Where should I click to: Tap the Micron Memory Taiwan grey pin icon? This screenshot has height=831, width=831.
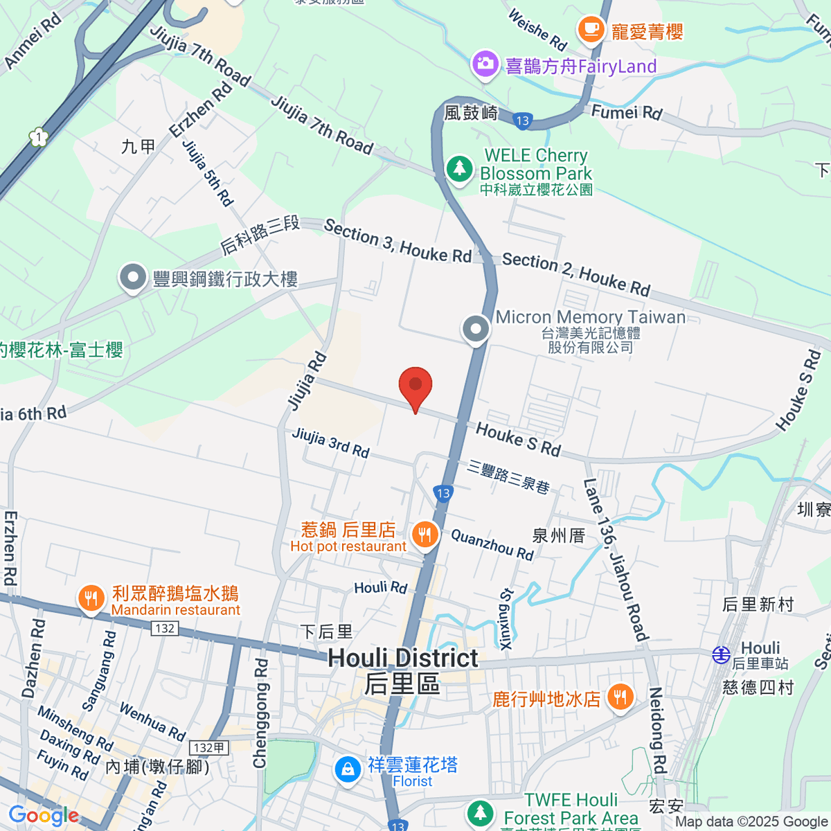pos(476,330)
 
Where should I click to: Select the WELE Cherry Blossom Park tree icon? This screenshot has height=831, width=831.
pos(459,168)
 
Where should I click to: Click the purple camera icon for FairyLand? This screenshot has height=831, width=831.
pos(485,65)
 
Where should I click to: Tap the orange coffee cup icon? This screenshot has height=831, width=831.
pos(591,29)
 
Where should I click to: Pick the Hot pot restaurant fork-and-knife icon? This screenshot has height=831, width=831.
pos(425,535)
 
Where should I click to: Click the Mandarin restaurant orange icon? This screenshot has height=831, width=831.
pos(91,598)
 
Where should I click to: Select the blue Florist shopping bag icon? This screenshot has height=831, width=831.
pos(347,769)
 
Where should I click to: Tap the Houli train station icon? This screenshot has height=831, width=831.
pos(722,654)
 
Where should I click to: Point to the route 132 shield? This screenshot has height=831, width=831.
pos(165,628)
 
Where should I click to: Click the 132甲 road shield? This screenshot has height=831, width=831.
pos(208,748)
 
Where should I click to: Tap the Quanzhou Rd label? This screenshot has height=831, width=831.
pos(492,544)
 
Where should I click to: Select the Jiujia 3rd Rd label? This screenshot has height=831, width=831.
pos(330,443)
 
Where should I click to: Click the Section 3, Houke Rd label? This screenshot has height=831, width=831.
pos(397,241)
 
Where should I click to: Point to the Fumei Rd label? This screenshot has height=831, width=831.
pos(627,111)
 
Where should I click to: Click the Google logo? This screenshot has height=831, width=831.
pos(43,816)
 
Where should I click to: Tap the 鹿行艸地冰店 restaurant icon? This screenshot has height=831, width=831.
pos(620,697)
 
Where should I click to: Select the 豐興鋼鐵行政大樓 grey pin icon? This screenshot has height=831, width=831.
pos(132,278)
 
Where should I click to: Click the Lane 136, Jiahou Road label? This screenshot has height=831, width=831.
pos(615,560)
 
